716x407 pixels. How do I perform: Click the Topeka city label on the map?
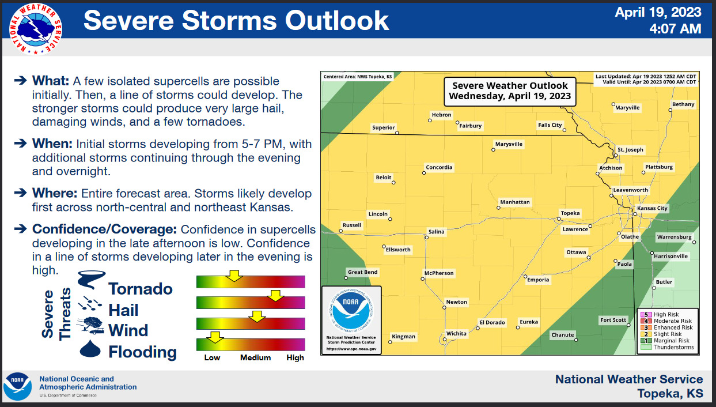pos(570,213)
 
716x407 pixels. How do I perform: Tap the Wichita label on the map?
pos(456,334)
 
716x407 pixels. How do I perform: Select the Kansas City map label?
pos(652,208)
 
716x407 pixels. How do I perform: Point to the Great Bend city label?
pos(362,272)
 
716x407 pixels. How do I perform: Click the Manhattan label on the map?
pos(515,202)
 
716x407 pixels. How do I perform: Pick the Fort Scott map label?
pos(613,320)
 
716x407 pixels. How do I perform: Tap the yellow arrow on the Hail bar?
pos(276,296)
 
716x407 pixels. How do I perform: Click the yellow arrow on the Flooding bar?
pos(215,337)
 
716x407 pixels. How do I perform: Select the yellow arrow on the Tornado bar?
pos(233,275)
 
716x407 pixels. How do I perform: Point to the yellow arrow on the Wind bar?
pos(256,316)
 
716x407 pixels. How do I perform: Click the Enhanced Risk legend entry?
pos(666,327)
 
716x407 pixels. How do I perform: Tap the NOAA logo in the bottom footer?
pos(18,386)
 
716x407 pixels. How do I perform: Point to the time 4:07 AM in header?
pos(675,28)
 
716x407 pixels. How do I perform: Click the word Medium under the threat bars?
pos(255,357)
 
